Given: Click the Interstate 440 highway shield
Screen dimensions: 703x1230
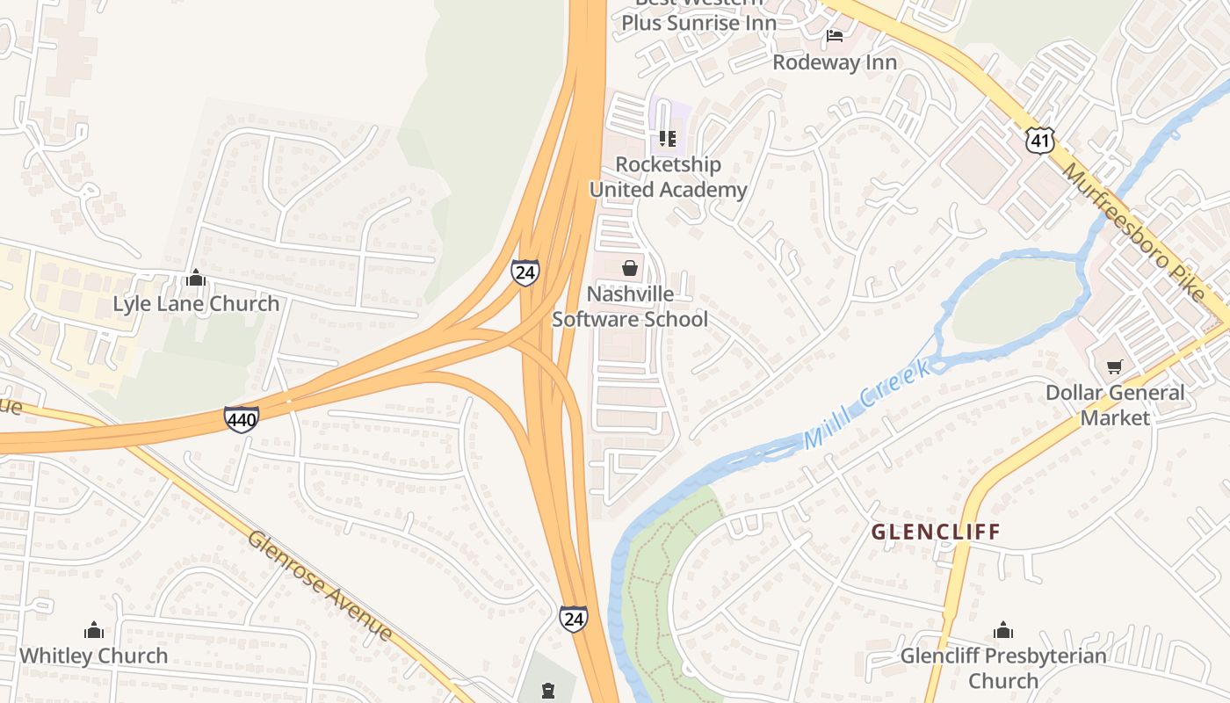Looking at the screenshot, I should (241, 419).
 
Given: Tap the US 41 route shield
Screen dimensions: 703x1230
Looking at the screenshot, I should (1040, 139).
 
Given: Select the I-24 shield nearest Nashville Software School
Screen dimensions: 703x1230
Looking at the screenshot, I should (525, 272).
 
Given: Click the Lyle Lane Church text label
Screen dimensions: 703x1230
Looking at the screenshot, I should (196, 304).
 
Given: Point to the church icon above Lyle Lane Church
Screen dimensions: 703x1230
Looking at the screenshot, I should (196, 279).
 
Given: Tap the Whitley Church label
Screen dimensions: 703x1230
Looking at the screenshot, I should (93, 656).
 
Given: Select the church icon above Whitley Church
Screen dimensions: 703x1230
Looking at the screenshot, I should (93, 630).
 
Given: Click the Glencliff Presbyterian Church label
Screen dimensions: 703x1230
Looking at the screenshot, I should (1003, 668).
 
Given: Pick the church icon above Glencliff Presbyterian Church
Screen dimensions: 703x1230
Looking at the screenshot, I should (1002, 630).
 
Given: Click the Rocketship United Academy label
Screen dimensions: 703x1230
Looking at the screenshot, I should (668, 177).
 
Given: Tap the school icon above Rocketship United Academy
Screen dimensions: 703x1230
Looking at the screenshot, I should (667, 139).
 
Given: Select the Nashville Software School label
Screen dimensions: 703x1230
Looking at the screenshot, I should (630, 306).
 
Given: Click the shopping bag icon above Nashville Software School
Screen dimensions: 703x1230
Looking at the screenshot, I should (630, 268).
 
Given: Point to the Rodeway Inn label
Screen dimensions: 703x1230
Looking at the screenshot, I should (835, 62).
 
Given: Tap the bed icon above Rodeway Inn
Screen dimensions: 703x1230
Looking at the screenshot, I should (835, 36).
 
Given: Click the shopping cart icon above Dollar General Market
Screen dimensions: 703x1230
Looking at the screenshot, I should (1115, 366).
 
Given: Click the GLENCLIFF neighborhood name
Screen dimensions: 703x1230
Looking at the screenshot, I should (936, 532).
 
